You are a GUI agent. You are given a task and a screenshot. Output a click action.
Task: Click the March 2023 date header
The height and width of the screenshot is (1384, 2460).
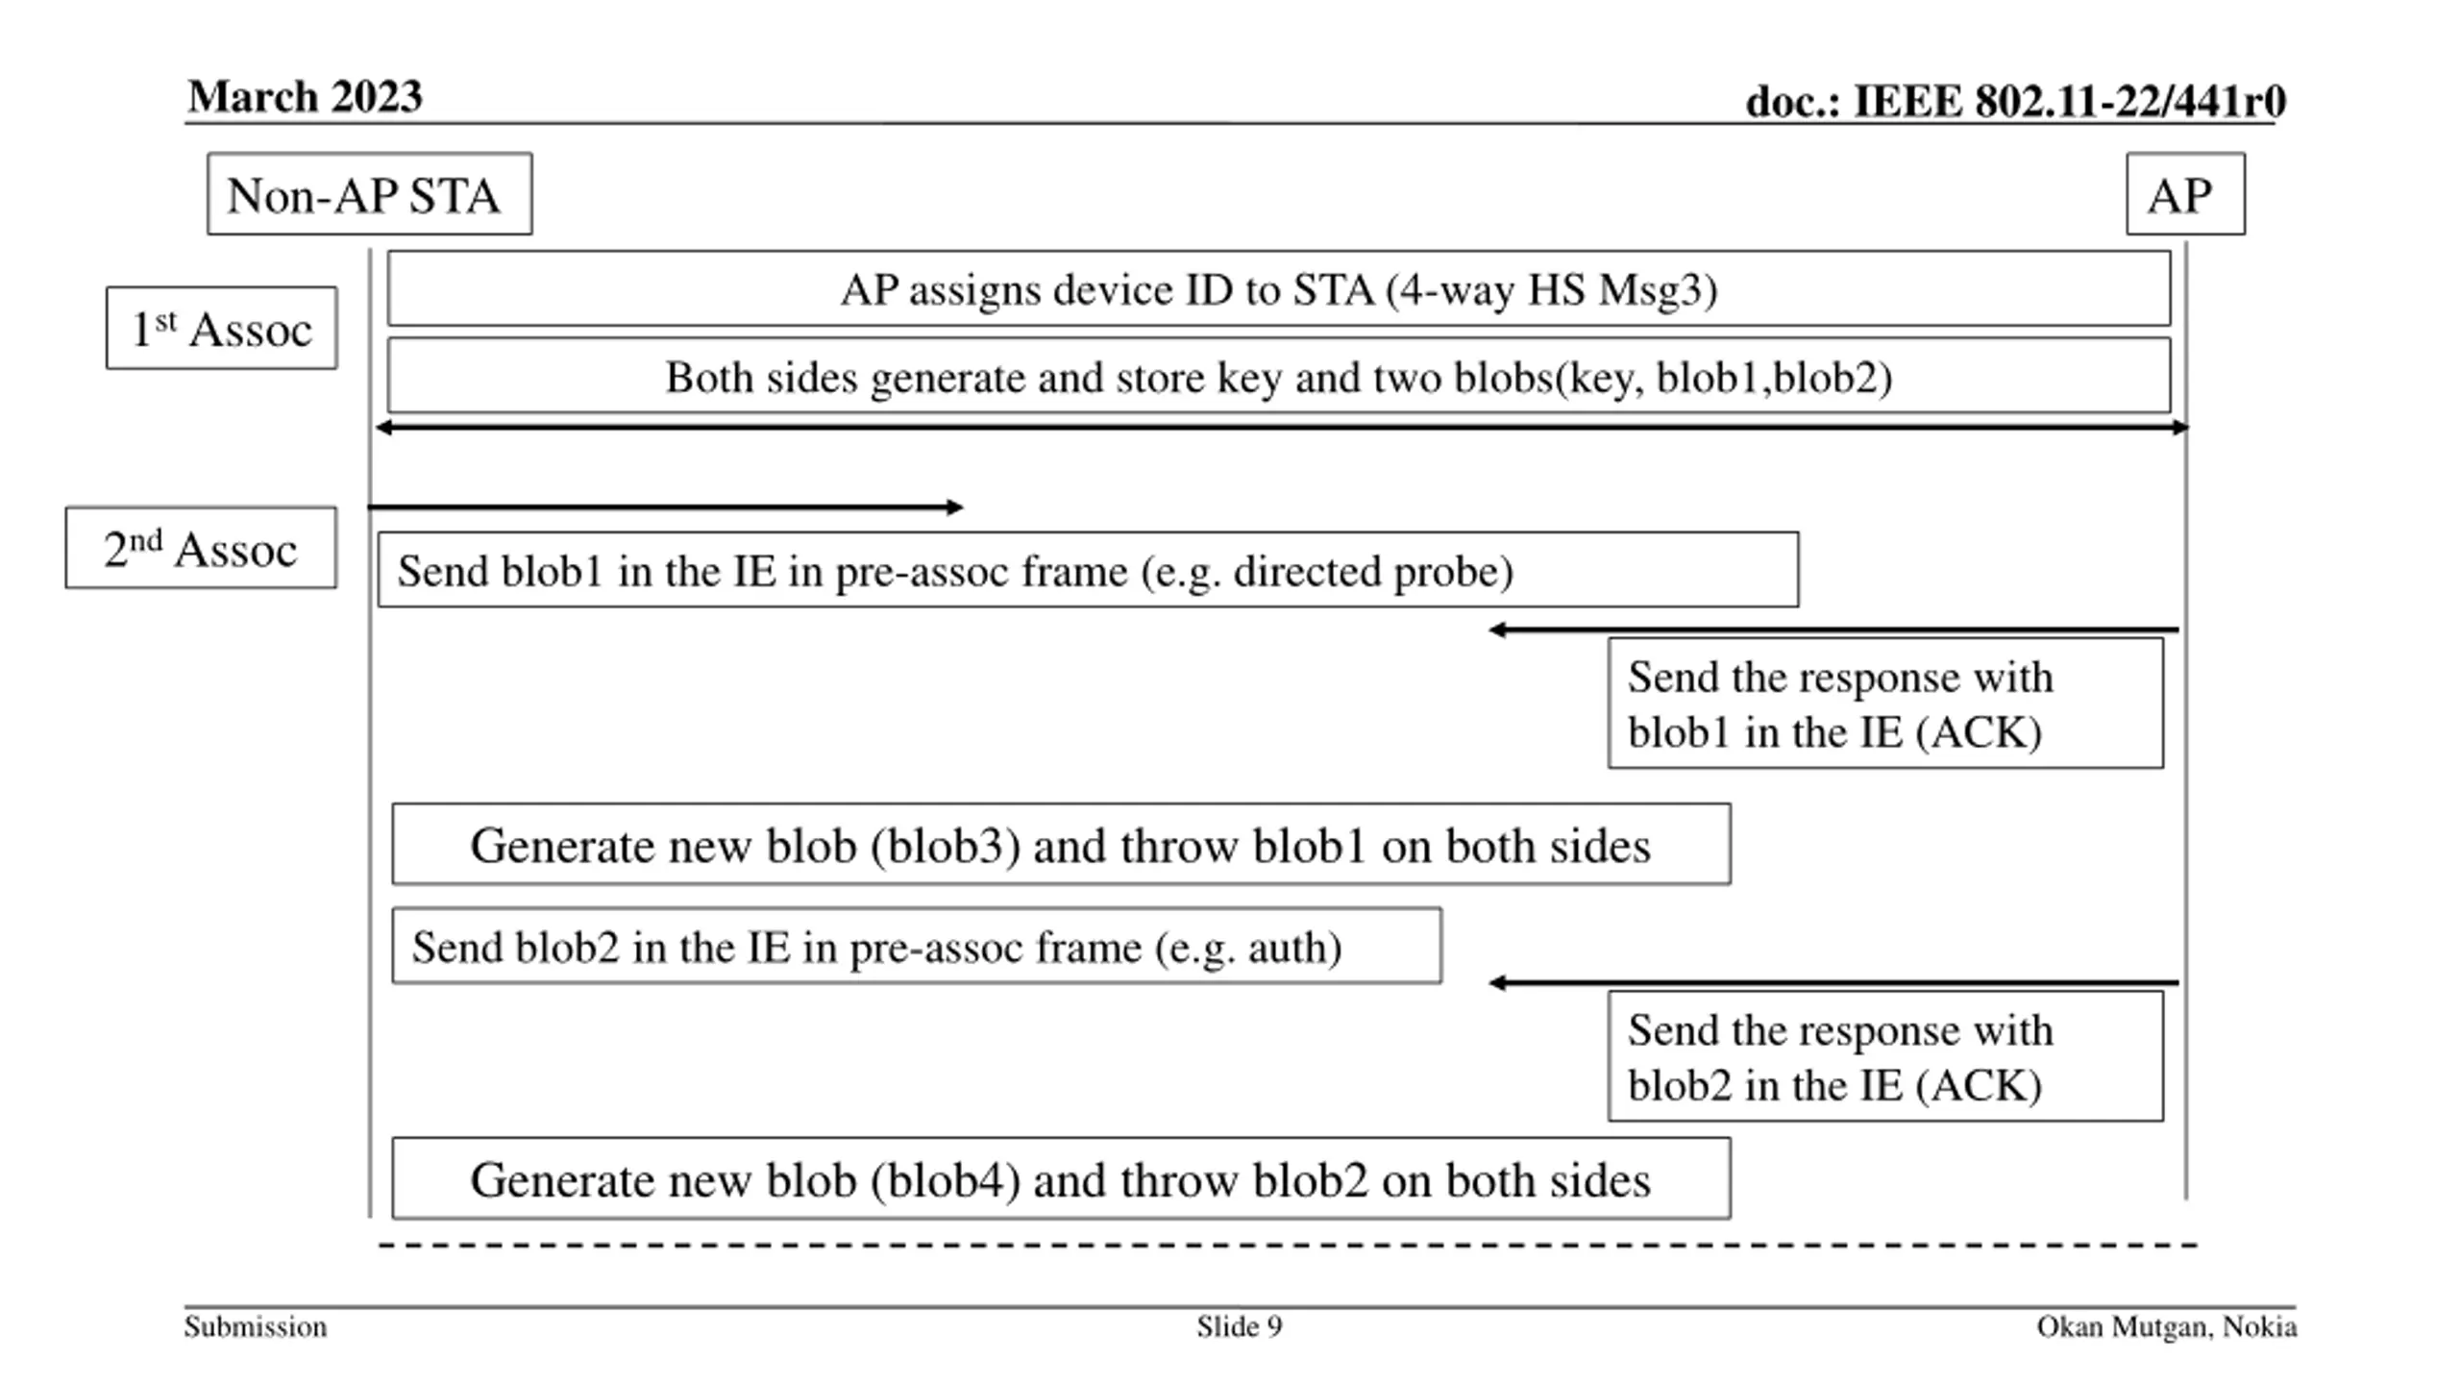(x=305, y=96)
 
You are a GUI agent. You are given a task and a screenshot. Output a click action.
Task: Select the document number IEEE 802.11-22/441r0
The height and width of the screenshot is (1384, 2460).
(x=2015, y=101)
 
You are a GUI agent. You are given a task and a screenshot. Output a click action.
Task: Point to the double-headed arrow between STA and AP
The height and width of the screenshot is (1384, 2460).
(x=1282, y=427)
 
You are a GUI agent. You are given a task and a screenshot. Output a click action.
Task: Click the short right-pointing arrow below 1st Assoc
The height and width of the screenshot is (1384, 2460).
(x=665, y=507)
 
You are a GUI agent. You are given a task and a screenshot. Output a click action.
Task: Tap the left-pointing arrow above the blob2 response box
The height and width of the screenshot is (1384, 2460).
(x=1833, y=982)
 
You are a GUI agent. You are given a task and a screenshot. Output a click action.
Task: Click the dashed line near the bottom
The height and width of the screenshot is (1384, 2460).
(x=1289, y=1246)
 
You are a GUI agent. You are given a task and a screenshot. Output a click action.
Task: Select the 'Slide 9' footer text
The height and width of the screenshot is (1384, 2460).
(x=1239, y=1327)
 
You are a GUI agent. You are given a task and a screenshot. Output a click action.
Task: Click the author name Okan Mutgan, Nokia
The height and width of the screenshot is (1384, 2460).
(x=2167, y=1327)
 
